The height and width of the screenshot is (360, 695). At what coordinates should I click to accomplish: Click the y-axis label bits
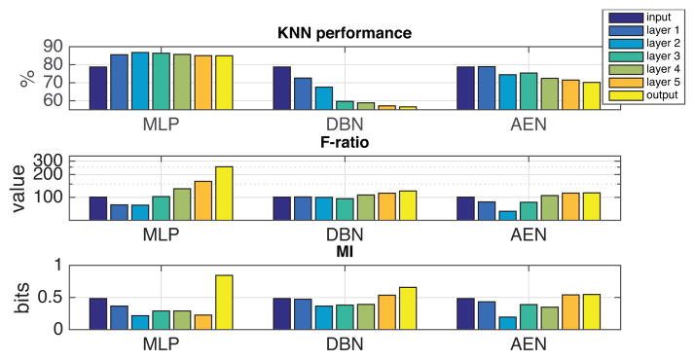pyautogui.click(x=21, y=297)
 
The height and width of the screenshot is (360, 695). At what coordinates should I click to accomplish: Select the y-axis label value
pyautogui.click(x=21, y=190)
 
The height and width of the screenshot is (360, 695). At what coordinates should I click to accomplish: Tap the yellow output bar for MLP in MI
pyautogui.click(x=224, y=302)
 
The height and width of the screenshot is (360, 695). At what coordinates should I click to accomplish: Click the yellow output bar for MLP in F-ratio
pyautogui.click(x=224, y=194)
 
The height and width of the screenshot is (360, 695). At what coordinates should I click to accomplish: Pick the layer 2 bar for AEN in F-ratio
pyautogui.click(x=507, y=215)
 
